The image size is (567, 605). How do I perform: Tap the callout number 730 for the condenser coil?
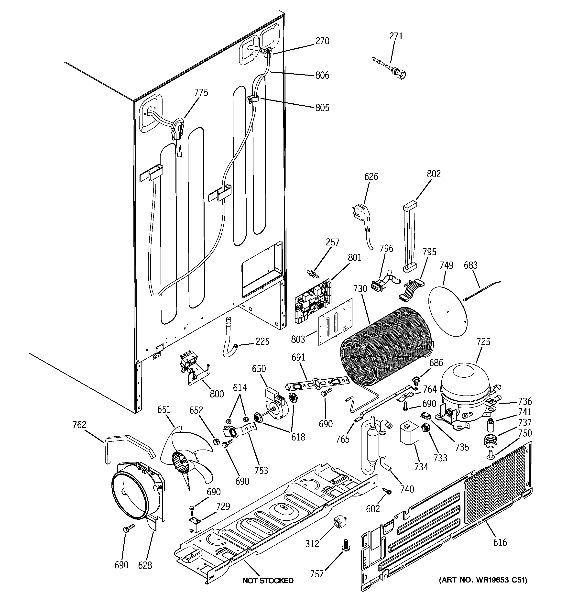(360, 288)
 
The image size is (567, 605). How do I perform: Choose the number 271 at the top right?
(396, 36)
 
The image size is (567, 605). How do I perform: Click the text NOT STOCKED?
(268, 581)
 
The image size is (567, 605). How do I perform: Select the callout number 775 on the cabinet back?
(201, 92)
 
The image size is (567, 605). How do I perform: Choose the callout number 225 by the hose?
(262, 341)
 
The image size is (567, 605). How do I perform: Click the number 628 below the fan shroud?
(145, 565)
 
